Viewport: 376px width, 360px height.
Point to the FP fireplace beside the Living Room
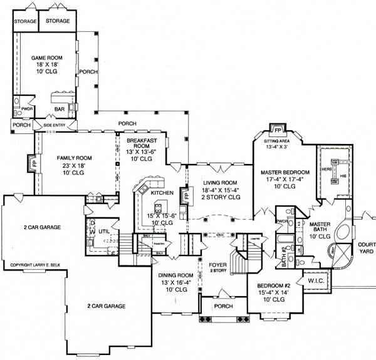[x=185, y=195]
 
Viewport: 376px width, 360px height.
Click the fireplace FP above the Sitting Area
[x=274, y=130]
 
